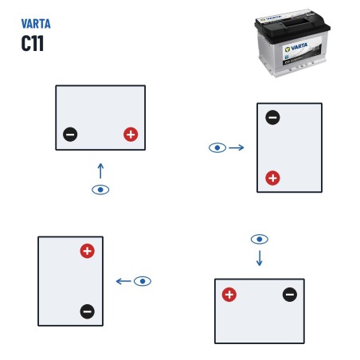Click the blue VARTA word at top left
coord(36,24)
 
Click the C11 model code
coord(33,43)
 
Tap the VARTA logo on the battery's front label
coord(296,48)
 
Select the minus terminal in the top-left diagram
coord(70,135)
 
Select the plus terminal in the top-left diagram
coord(131,135)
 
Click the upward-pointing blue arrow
coord(100,170)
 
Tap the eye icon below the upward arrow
coord(100,190)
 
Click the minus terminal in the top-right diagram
coord(272,117)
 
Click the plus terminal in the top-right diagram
coord(272,178)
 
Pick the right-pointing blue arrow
coord(237,147)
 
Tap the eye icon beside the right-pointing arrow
coord(217,147)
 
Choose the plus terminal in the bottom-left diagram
coord(88,251)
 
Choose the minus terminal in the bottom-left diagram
coord(88,311)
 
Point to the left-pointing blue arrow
coord(123,281)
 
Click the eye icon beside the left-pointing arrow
coord(143,281)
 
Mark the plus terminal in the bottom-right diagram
coord(229,295)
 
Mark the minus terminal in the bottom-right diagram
coord(290,295)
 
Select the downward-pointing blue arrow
coord(260,258)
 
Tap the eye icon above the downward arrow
coord(260,239)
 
